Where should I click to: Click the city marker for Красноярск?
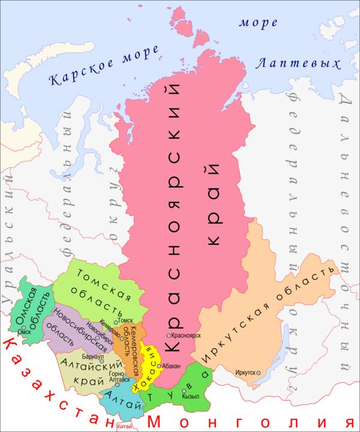click(x=169, y=335)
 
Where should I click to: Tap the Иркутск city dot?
click(x=259, y=373)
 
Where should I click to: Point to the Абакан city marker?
click(x=159, y=365)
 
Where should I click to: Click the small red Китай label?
click(x=125, y=427)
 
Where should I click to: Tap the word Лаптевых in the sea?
click(x=298, y=63)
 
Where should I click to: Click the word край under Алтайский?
click(x=86, y=378)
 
